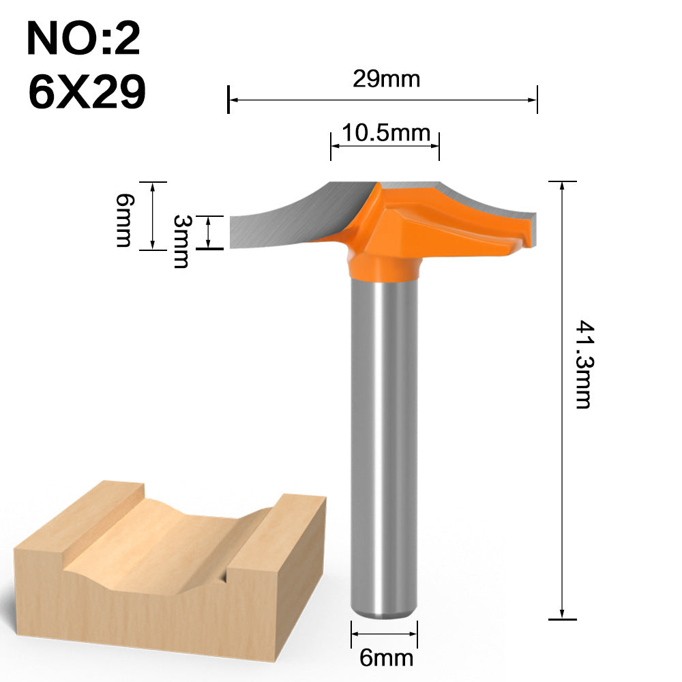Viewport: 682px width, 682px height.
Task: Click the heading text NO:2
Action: coord(83,40)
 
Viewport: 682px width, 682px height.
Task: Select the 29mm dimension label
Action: coord(386,79)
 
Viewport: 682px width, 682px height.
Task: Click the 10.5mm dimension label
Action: coord(386,132)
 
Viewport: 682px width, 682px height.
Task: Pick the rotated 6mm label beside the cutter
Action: coord(123,220)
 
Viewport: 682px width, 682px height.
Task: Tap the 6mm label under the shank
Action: coord(386,657)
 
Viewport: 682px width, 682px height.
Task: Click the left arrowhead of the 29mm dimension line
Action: coord(232,100)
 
